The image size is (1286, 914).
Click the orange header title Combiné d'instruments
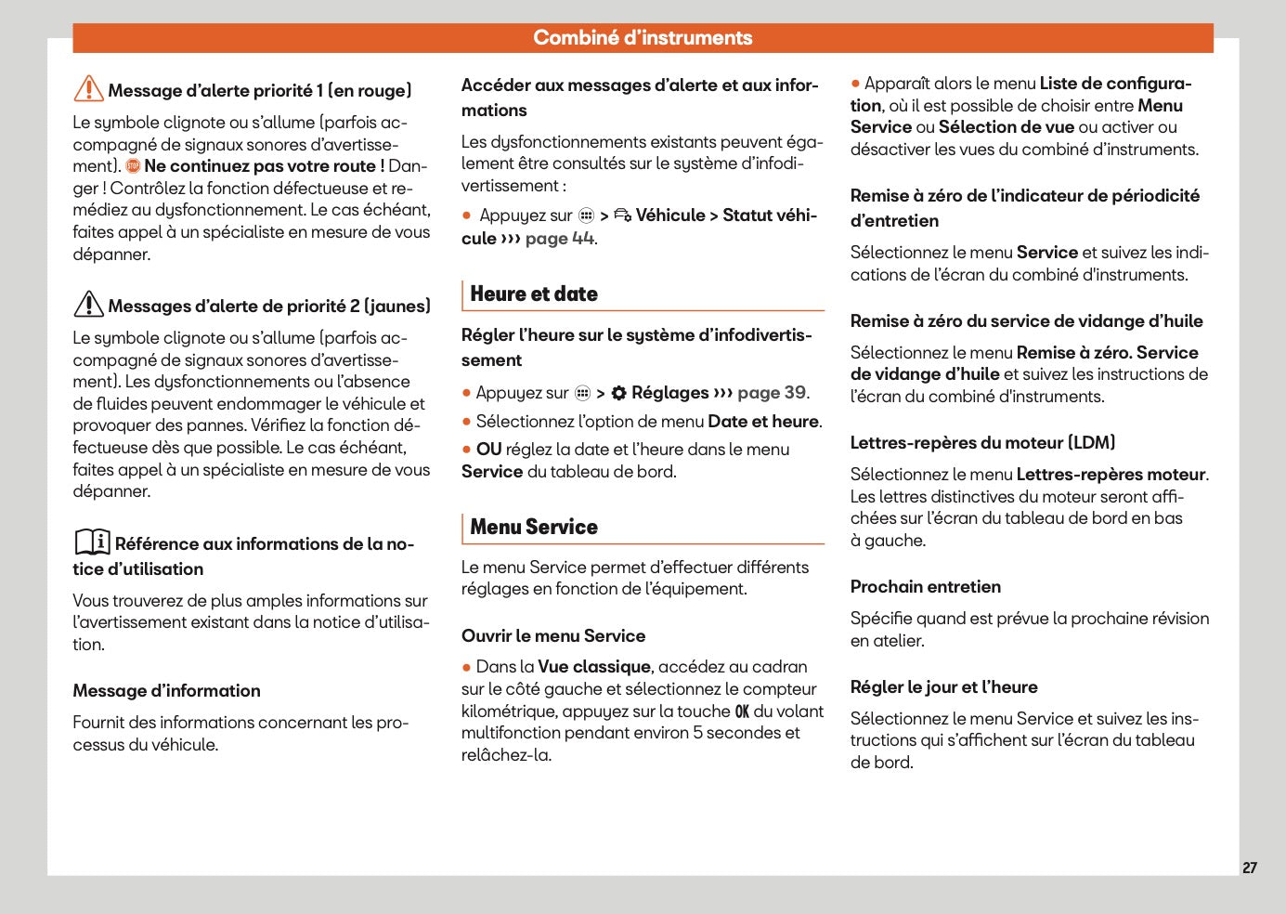pyautogui.click(x=643, y=38)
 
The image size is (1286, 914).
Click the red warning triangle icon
pyautogui.click(x=88, y=88)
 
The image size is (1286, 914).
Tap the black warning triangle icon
pyautogui.click(x=88, y=304)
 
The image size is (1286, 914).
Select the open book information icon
pyautogui.click(x=92, y=542)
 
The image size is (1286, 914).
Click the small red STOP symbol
pyautogui.click(x=133, y=166)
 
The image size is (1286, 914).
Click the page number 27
pyautogui.click(x=1250, y=868)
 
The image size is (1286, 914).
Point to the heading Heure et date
pyautogui.click(x=534, y=294)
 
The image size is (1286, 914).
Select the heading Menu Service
pyautogui.click(x=534, y=528)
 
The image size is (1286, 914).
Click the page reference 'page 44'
pyautogui.click(x=560, y=239)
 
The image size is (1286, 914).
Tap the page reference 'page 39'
pyautogui.click(x=772, y=393)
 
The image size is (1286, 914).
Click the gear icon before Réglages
pyautogui.click(x=619, y=393)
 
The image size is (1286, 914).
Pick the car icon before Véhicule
pyautogui.click(x=622, y=215)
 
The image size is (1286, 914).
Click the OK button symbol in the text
pyautogui.click(x=742, y=712)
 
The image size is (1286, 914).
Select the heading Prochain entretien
pyautogui.click(x=926, y=587)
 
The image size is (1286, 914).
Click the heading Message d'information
pyautogui.click(x=167, y=691)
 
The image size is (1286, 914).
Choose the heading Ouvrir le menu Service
pyautogui.click(x=553, y=636)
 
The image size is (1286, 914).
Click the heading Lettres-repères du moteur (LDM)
pyautogui.click(x=982, y=443)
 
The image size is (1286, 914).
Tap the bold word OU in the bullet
pyautogui.click(x=488, y=450)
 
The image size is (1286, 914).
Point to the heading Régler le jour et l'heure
pyautogui.click(x=944, y=687)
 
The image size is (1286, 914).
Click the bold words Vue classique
pyautogui.click(x=594, y=667)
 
